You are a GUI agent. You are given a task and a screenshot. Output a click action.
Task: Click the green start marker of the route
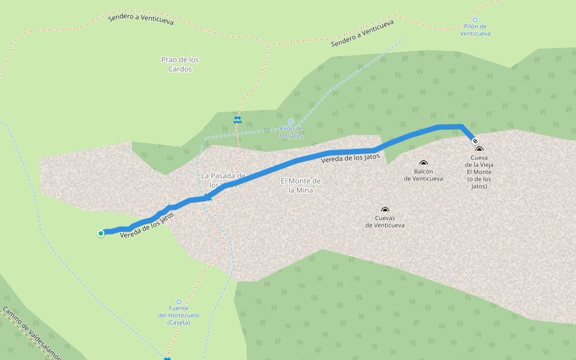coord(101,233)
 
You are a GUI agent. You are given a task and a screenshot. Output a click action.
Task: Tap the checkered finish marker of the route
coord(475,141)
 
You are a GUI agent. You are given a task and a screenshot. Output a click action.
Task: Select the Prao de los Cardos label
coord(180,64)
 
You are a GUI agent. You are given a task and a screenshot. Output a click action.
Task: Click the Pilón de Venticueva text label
coord(475,30)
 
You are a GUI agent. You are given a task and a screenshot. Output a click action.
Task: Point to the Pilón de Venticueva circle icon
coord(475,19)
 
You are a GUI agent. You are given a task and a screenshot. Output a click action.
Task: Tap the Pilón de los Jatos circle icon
coord(291,121)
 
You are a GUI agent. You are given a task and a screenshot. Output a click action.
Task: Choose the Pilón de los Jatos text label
coord(291,132)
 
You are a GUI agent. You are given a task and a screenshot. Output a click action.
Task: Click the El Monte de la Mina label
coord(301,185)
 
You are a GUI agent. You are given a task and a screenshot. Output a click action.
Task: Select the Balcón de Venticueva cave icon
coord(424,163)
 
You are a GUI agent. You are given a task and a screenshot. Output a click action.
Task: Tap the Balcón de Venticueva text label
coord(424,175)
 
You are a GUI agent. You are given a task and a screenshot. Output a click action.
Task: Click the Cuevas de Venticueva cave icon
coord(385,210)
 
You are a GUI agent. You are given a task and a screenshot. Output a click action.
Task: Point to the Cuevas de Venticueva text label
coord(385,221)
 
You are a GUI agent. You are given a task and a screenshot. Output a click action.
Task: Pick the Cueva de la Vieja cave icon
coord(479,149)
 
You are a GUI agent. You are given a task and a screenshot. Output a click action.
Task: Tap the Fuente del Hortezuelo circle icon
coord(178,302)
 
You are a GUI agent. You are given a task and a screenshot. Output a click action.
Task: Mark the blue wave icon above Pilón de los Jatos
coord(238,120)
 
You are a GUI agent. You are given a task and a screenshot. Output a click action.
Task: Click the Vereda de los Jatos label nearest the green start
coord(147,225)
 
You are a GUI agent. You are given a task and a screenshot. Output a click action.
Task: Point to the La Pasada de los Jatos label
coord(223,180)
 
